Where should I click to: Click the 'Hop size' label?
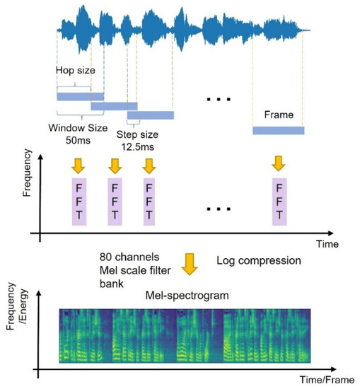coord(74,71)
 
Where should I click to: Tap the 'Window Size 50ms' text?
coord(74,135)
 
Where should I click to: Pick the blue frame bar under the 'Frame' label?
coord(278,131)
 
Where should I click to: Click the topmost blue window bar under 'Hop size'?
coord(80,96)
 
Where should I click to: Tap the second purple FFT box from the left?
coord(116,202)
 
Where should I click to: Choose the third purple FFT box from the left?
coord(149,202)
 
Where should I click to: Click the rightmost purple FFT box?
coord(279,202)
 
